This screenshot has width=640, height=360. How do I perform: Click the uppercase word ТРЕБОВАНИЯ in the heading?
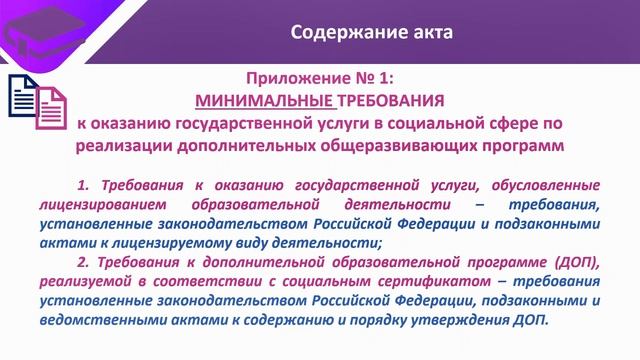coord(378,100)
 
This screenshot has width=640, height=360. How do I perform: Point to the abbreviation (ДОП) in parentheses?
coord(575,262)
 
